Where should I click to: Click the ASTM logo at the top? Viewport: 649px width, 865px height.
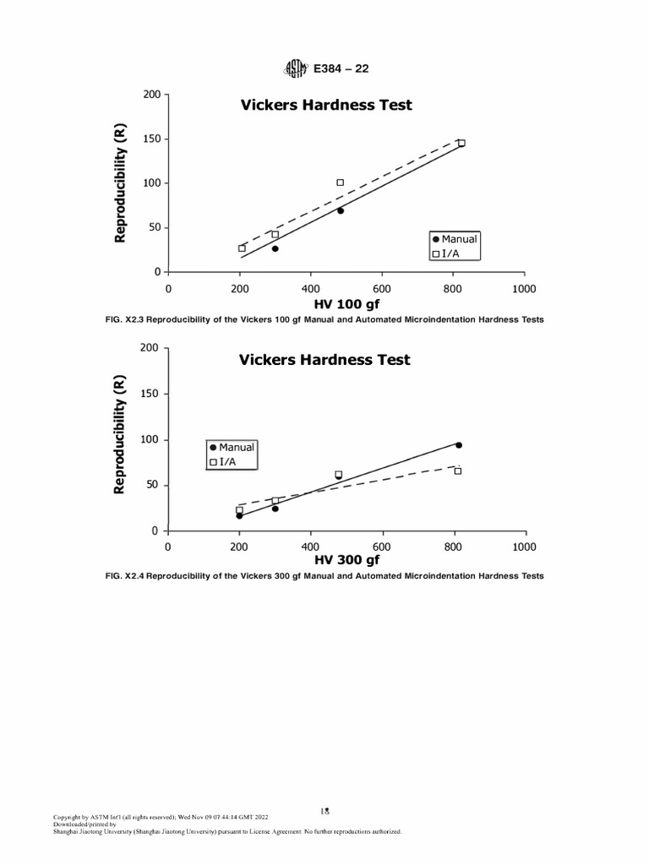[x=297, y=68]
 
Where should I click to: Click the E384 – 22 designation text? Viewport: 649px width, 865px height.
[x=341, y=68]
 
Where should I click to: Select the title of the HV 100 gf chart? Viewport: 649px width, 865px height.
[x=326, y=105]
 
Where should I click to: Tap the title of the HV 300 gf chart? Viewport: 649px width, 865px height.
[x=324, y=359]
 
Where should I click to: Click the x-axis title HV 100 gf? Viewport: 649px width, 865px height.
[x=347, y=304]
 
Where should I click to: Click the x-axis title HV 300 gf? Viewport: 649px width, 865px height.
[x=347, y=560]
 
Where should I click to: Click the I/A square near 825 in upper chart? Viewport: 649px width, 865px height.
[x=461, y=143]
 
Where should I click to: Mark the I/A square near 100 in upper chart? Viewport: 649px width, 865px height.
[x=341, y=182]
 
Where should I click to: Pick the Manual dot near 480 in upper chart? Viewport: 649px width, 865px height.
[x=341, y=210]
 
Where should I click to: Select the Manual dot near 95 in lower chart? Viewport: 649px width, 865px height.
[x=459, y=444]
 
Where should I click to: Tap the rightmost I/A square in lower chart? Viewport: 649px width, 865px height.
[x=458, y=471]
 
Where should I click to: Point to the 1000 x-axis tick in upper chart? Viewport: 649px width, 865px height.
[x=524, y=288]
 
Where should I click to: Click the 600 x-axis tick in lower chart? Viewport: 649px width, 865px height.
[x=381, y=547]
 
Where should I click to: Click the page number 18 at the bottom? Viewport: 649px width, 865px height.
[x=324, y=810]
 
